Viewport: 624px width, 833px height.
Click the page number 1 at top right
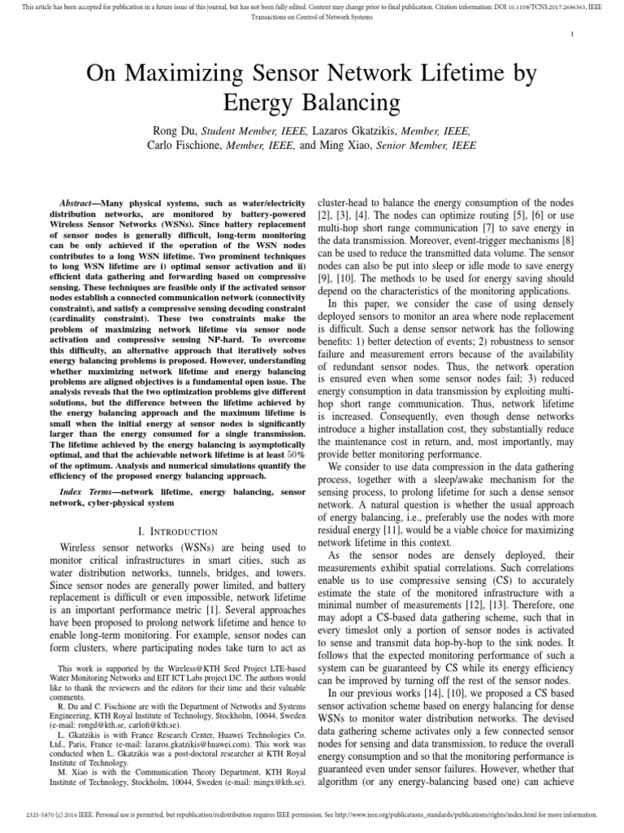(573, 33)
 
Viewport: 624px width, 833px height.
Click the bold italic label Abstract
(81, 202)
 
